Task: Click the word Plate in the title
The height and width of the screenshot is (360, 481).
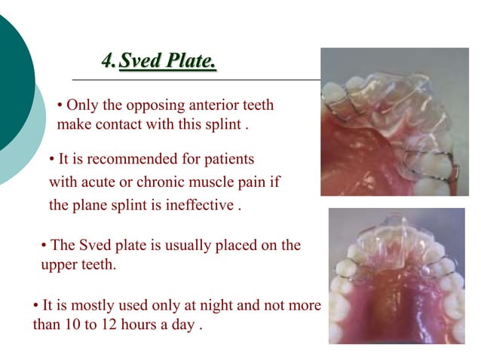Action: [191, 60]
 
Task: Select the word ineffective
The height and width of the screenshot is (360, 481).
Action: [198, 205]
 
